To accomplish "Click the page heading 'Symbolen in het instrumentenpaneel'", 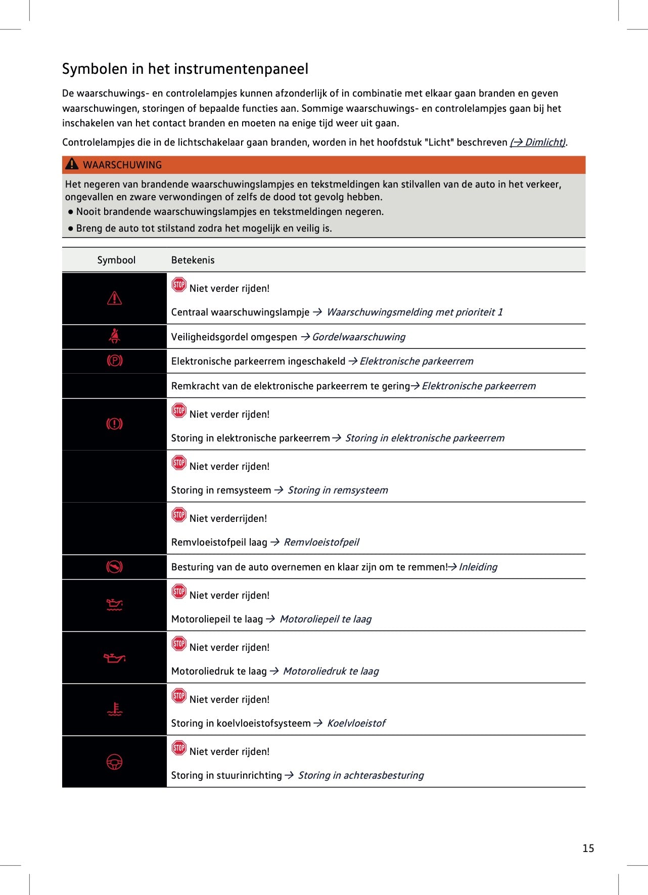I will click(x=185, y=69).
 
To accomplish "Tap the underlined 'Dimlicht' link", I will click(x=538, y=142).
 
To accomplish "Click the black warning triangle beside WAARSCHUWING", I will click(x=72, y=164).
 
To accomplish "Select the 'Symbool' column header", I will click(x=116, y=260).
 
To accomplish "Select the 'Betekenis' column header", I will click(x=193, y=260).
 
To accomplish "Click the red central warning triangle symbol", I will click(x=115, y=298).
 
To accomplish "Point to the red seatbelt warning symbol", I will click(x=115, y=336).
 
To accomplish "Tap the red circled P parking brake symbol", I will click(x=115, y=361).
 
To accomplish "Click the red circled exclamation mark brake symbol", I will click(x=115, y=424).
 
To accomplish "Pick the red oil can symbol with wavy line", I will click(x=115, y=605).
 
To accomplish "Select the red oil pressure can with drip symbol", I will click(x=115, y=657).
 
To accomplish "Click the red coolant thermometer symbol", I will click(x=115, y=709).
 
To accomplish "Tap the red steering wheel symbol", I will click(x=115, y=762).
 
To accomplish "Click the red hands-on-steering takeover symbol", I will click(x=115, y=567).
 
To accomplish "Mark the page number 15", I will click(x=588, y=848).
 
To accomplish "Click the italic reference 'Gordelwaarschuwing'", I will click(x=358, y=337).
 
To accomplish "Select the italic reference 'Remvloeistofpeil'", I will click(x=321, y=542).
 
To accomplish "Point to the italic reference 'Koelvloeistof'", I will click(x=356, y=723).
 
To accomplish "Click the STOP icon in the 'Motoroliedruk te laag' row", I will click(x=179, y=644).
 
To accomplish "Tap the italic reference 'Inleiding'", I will click(x=478, y=567).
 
